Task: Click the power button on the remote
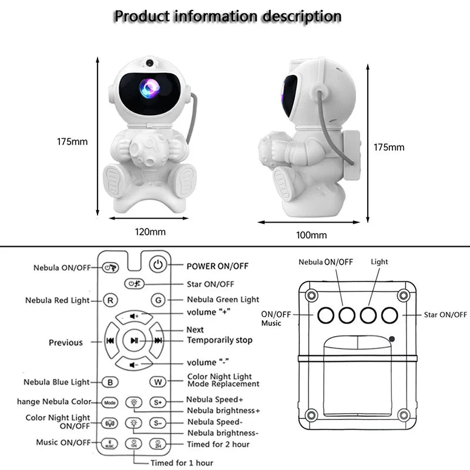tap(157, 265)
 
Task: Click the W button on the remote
tap(157, 381)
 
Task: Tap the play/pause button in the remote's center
tap(134, 340)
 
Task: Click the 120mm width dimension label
tap(150, 231)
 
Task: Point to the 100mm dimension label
tap(311, 235)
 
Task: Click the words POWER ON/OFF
tap(217, 266)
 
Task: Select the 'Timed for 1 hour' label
tap(182, 462)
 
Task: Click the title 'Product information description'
tap(227, 16)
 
